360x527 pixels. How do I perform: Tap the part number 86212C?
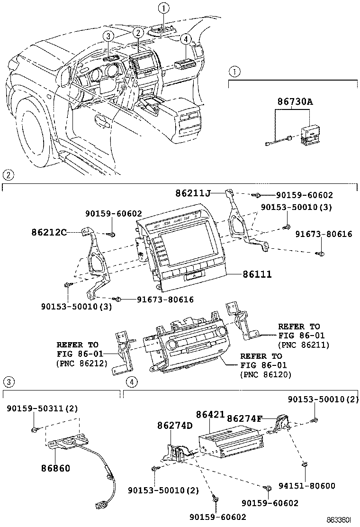point(49,232)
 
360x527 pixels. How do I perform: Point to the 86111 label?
point(257,274)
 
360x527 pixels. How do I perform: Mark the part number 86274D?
point(175,425)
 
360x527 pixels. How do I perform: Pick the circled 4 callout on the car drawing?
point(186,39)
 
